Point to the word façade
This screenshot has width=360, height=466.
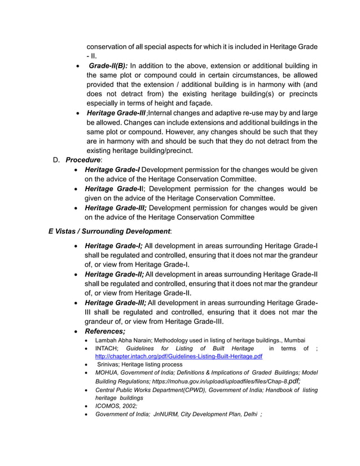click(199, 103)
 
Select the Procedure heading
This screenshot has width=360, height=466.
click(84, 160)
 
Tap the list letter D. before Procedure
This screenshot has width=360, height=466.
click(56, 160)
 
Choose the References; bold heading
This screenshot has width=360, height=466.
click(104, 331)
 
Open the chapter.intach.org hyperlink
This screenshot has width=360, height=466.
click(179, 357)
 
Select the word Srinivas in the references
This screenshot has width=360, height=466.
click(111, 365)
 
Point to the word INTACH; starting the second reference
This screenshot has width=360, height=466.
click(107, 349)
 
